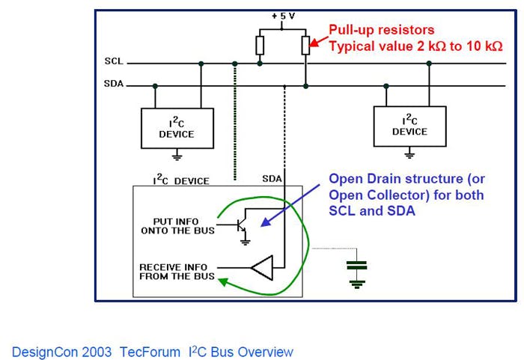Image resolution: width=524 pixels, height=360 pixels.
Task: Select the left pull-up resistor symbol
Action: pyautogui.click(x=260, y=45)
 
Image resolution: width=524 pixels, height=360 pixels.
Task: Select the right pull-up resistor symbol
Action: pyautogui.click(x=305, y=45)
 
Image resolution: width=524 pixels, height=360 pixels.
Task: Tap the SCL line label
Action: pyautogui.click(x=113, y=64)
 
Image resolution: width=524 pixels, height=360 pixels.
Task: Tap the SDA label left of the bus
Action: pyautogui.click(x=113, y=85)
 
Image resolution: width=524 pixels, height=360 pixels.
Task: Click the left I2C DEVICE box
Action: pyautogui.click(x=177, y=128)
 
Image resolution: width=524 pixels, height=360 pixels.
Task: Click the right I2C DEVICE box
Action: pyautogui.click(x=409, y=125)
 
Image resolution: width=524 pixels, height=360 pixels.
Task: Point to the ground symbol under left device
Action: pyautogui.click(x=177, y=156)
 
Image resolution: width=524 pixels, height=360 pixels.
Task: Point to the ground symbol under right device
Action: pyautogui.click(x=409, y=153)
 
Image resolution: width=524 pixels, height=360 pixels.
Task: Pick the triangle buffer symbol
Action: pyautogui.click(x=263, y=268)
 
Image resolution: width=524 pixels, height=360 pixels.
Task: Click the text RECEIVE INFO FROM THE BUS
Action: pyautogui.click(x=177, y=272)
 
